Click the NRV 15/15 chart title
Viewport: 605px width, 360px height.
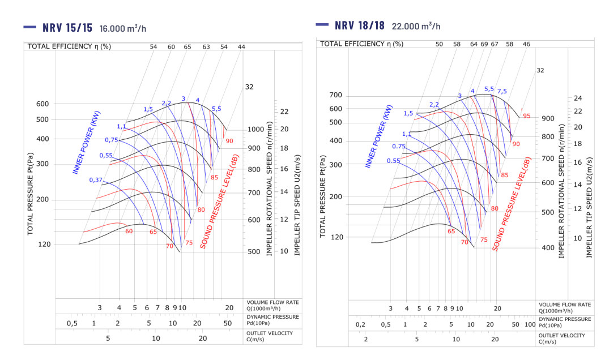pyautogui.click(x=67, y=28)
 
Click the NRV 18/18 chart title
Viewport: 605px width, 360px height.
pyautogui.click(x=360, y=25)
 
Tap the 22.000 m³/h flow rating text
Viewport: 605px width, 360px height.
pyautogui.click(x=416, y=26)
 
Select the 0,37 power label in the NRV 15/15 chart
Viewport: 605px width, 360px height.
pyautogui.click(x=96, y=180)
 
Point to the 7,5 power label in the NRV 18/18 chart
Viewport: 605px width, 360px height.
pyautogui.click(x=502, y=91)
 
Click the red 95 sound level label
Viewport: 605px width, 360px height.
pyautogui.click(x=527, y=116)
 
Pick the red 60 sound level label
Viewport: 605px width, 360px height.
pyautogui.click(x=129, y=232)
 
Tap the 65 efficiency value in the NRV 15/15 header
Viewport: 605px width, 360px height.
pyautogui.click(x=188, y=46)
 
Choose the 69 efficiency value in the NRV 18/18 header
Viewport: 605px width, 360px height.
pyautogui.click(x=484, y=44)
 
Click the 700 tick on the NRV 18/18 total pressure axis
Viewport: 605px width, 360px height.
pyautogui.click(x=336, y=95)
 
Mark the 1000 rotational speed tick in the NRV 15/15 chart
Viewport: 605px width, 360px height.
pyautogui.click(x=256, y=130)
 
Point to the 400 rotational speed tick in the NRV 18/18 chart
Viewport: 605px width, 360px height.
pyautogui.click(x=548, y=247)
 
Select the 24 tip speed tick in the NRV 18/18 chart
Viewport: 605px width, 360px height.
pyautogui.click(x=578, y=98)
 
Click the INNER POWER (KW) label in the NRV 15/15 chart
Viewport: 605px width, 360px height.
pyautogui.click(x=87, y=143)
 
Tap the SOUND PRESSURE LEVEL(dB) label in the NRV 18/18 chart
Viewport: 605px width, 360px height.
pyautogui.click(x=512, y=204)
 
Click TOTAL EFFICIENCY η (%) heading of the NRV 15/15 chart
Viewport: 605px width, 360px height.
pyautogui.click(x=70, y=46)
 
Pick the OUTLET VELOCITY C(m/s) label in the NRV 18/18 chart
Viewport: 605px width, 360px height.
pyautogui.click(x=561, y=338)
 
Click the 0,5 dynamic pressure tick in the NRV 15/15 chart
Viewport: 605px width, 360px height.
pyautogui.click(x=72, y=323)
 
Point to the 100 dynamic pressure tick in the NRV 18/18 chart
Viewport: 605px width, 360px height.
pyautogui.click(x=530, y=324)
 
